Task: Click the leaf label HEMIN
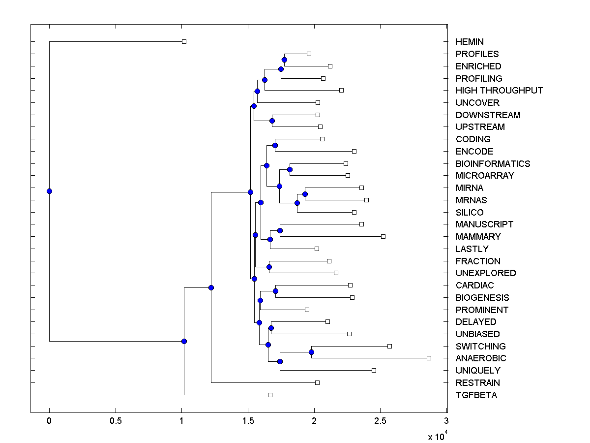pos(470,42)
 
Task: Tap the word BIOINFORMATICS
pos(493,163)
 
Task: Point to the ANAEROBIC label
pos(480,358)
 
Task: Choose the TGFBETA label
pos(476,395)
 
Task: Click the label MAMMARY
pos(478,236)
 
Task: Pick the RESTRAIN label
pos(477,382)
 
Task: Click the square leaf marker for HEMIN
pos(184,42)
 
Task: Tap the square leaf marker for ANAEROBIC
pos(429,358)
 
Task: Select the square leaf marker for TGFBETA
pos(270,395)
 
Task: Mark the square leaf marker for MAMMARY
pos(383,236)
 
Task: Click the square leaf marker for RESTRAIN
pos(317,382)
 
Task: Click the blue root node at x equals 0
pos(49,191)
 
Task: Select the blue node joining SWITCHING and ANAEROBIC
pos(311,352)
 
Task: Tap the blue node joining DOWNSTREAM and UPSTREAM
pos(272,121)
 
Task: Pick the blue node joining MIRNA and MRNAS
pos(305,194)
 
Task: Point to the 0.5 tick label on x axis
pos(116,420)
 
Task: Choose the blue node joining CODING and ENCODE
pos(275,145)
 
